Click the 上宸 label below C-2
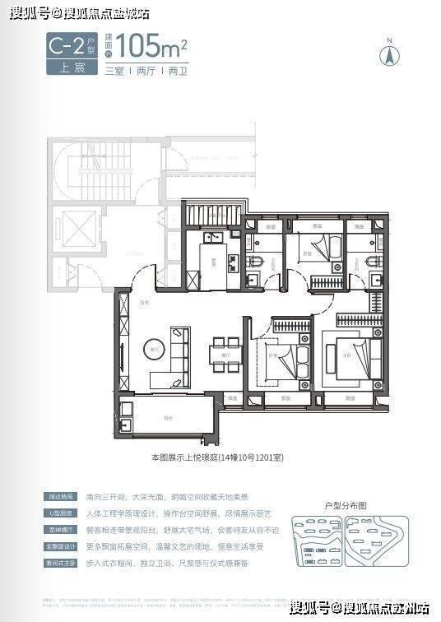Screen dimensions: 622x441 pyautogui.click(x=62, y=69)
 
